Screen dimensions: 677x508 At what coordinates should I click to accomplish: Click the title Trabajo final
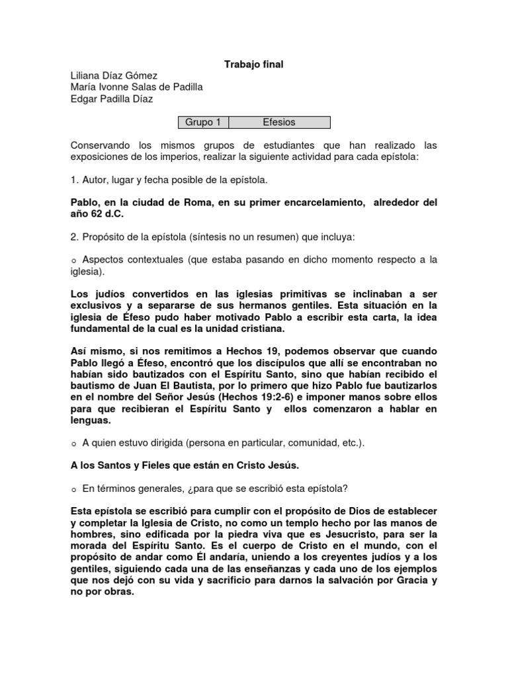coord(254,64)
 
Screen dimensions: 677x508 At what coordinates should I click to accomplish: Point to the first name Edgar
coord(83,99)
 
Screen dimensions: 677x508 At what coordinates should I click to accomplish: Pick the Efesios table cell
coord(278,122)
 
